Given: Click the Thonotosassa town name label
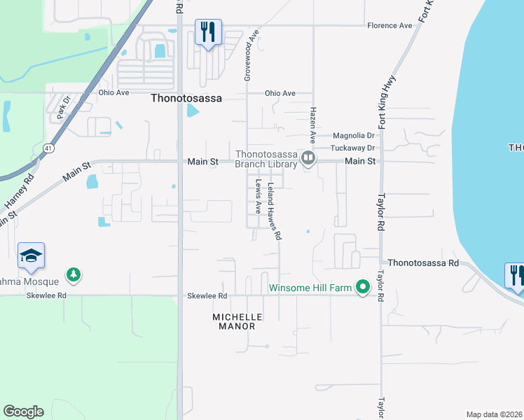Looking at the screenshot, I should click(x=186, y=99).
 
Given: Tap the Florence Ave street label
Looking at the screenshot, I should click(x=389, y=26).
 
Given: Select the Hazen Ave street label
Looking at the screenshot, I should click(x=313, y=123).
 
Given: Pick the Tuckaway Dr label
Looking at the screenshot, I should click(x=353, y=148).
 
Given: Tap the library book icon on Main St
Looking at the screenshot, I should click(x=308, y=160).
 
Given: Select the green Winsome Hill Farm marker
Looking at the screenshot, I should click(x=362, y=288).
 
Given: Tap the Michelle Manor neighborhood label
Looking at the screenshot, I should click(x=237, y=322).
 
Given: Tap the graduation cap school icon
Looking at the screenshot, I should click(x=31, y=255).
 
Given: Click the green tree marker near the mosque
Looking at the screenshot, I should click(x=73, y=274).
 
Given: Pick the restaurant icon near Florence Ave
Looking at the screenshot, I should click(x=208, y=32).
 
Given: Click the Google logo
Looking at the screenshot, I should click(x=23, y=412).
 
